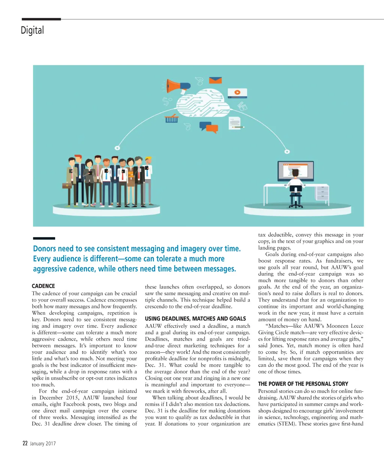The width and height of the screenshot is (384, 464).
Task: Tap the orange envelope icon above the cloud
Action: coord(216,80)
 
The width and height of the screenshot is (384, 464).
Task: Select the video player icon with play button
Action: coord(237,92)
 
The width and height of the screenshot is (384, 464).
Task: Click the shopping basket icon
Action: coord(172,119)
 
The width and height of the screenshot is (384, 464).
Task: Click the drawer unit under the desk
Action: coord(322,193)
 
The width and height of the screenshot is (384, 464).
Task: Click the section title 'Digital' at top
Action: coord(32,30)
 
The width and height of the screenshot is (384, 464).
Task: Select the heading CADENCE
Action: coord(43,286)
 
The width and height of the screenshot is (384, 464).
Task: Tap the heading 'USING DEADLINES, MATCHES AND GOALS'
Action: coord(195,318)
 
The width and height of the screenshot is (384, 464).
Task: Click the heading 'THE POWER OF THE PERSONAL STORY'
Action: coord(303,384)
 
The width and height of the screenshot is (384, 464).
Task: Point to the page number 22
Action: coord(25,443)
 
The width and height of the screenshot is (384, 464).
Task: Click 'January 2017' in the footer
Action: coord(43,444)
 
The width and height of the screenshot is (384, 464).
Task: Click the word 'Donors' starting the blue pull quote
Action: coord(45,249)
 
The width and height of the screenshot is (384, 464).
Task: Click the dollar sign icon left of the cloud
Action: coord(165,101)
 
